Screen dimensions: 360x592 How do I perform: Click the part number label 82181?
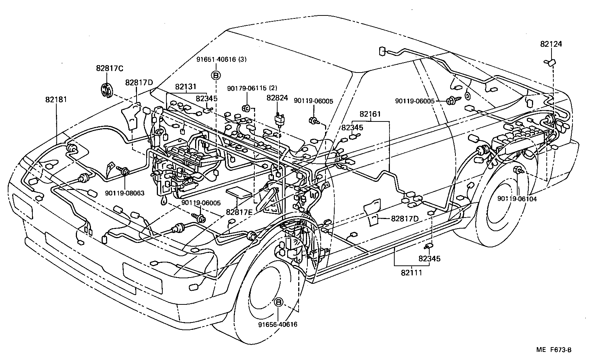(56, 99)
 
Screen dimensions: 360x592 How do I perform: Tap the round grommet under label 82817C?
(107, 91)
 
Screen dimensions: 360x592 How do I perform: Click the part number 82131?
(186, 87)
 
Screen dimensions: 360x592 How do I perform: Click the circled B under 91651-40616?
(216, 75)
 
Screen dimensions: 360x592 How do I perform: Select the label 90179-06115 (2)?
(252, 88)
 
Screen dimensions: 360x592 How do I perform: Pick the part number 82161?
(370, 114)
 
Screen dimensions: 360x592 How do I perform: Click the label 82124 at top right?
(551, 44)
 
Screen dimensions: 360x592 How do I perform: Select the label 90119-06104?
(517, 199)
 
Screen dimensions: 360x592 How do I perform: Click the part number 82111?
(411, 272)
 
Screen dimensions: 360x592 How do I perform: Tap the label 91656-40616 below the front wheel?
(278, 324)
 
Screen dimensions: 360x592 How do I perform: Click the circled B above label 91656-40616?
(279, 302)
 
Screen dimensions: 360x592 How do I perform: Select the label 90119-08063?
(124, 193)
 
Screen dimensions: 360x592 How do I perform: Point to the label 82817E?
(239, 212)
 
